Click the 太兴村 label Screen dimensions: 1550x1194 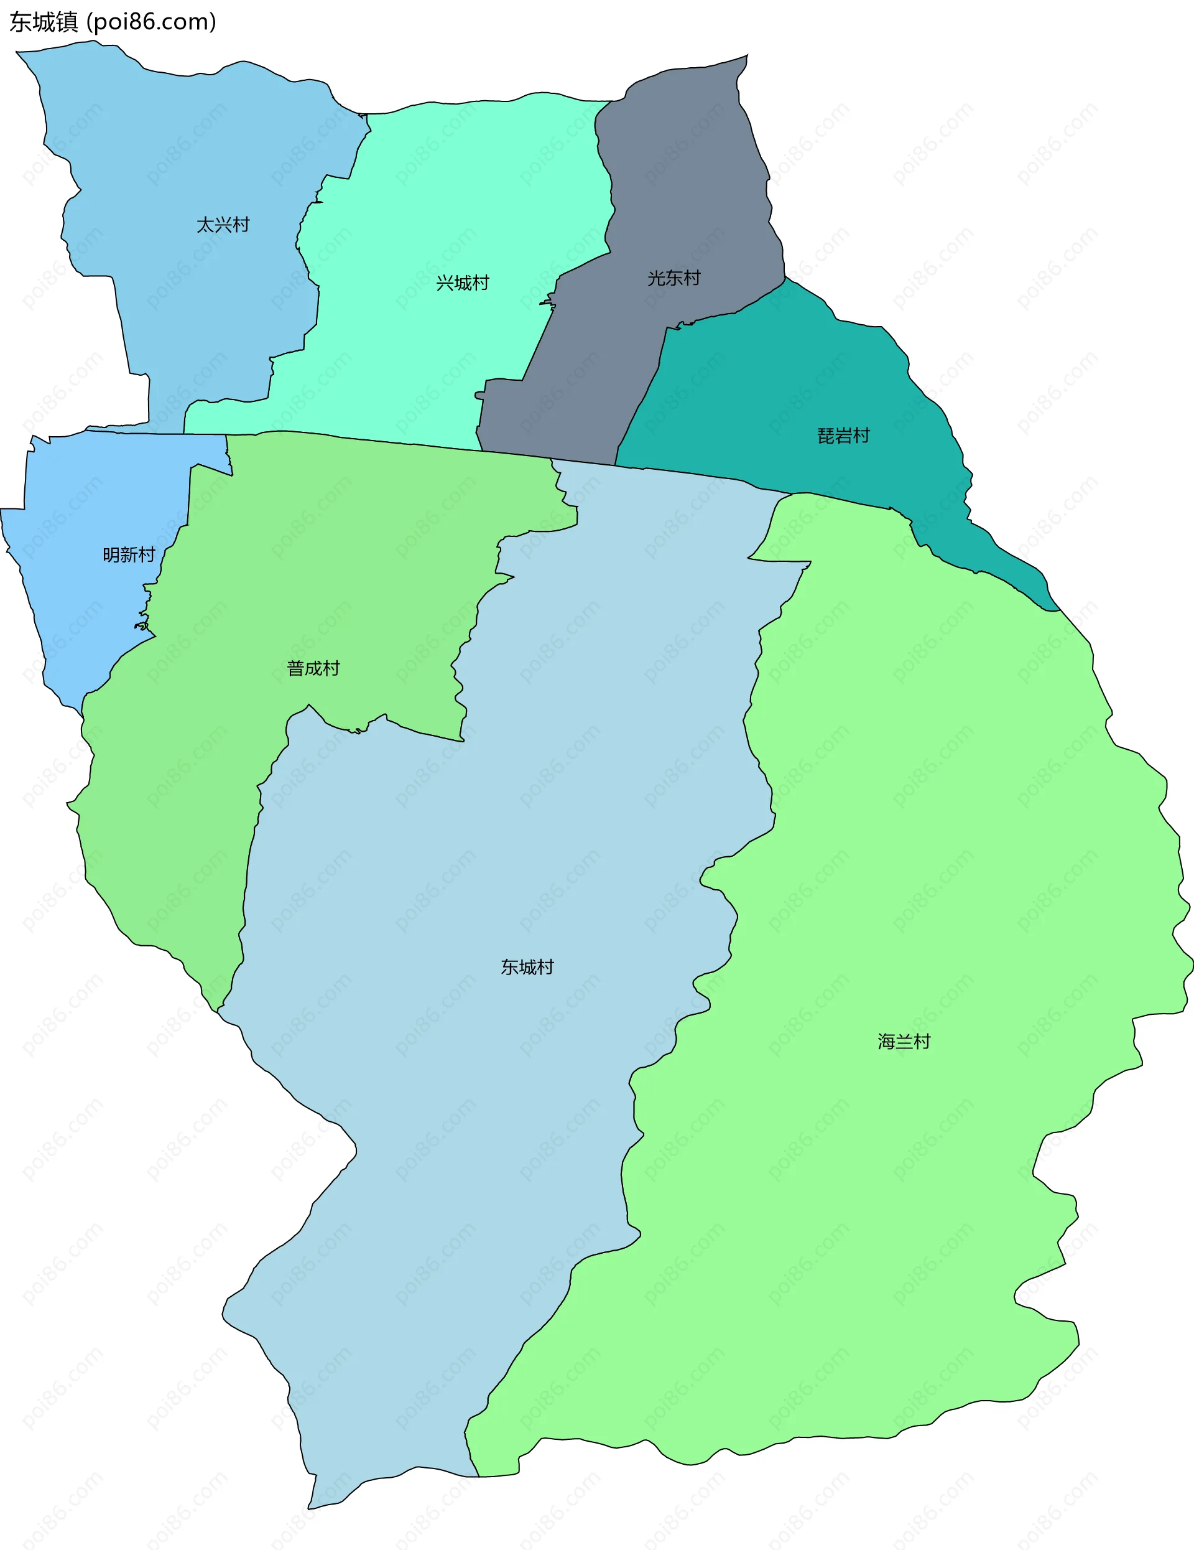point(223,225)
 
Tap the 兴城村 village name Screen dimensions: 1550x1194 point(463,283)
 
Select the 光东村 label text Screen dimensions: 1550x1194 point(673,278)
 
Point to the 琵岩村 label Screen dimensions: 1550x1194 point(843,436)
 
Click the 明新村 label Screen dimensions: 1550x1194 point(128,554)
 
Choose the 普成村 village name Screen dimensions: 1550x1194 point(313,668)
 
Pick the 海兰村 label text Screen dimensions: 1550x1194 point(904,1041)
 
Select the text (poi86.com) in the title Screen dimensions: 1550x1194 point(151,22)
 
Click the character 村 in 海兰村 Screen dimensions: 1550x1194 point(922,1041)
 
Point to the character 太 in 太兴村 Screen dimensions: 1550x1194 point(205,225)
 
